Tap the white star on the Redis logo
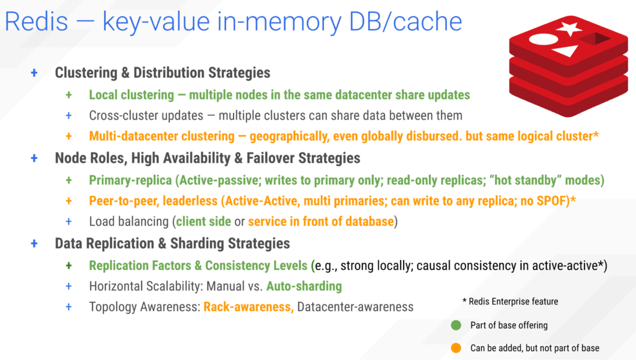[x=570, y=28]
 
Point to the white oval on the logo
[x=542, y=41]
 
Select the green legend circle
[x=456, y=325]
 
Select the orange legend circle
[x=456, y=348]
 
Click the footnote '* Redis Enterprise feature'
[x=510, y=302]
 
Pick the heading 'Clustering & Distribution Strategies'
[x=162, y=73]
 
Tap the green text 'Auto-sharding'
[x=304, y=286]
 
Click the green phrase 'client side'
[x=204, y=221]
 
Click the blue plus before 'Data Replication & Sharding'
[x=34, y=243]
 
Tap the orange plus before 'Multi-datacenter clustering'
[x=69, y=136]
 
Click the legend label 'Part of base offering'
[x=509, y=325]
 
